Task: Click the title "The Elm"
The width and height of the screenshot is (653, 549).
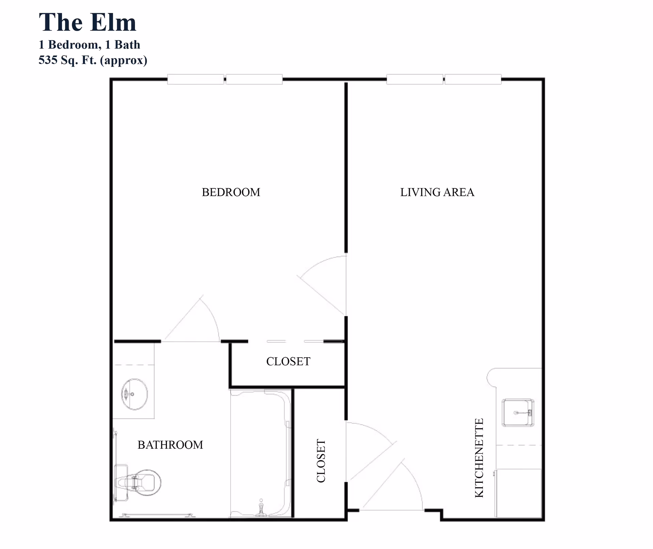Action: point(87,22)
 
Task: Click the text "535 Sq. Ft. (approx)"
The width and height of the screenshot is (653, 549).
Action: point(93,60)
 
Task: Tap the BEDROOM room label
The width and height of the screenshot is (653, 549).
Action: point(231,192)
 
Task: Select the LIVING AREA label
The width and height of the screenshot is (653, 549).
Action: point(437,192)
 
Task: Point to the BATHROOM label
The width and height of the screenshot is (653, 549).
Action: point(170,445)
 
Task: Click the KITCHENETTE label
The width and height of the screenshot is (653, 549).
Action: point(479,458)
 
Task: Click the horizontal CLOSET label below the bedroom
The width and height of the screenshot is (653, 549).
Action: point(288,361)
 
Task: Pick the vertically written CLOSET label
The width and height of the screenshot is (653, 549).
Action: point(321,461)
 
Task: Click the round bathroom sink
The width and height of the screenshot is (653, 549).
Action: point(135,394)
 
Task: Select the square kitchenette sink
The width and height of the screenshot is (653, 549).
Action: point(518,413)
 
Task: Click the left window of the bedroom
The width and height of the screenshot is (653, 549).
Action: point(196,79)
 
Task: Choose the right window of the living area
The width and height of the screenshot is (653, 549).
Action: point(473,79)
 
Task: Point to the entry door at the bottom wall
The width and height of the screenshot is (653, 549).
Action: point(395,486)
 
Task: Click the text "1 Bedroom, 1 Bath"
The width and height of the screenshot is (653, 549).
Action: point(89,45)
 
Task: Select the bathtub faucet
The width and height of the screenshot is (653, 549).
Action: point(261,508)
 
